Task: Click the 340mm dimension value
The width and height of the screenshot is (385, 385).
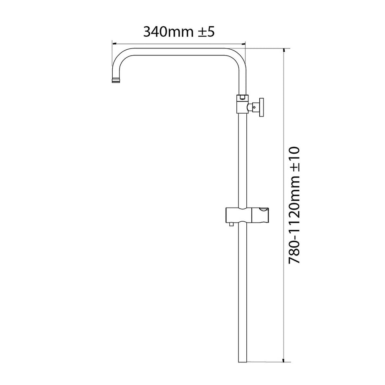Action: [x=168, y=32]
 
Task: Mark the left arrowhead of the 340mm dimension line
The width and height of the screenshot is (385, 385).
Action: [x=113, y=43]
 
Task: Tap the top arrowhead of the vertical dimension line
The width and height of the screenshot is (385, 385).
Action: [x=285, y=51]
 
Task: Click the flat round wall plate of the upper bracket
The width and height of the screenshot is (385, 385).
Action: [x=261, y=108]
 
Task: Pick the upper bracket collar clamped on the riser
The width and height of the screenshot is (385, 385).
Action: [x=242, y=104]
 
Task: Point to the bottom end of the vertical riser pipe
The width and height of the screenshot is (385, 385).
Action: [x=242, y=360]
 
